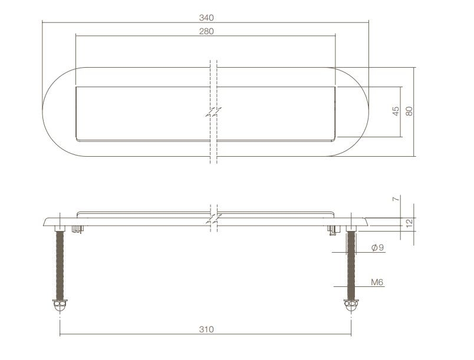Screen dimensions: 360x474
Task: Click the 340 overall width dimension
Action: click(206, 17)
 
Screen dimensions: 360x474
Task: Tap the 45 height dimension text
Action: click(396, 111)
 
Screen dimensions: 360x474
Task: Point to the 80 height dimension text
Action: click(409, 111)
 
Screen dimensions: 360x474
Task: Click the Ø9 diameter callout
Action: click(377, 248)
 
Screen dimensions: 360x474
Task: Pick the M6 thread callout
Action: click(377, 282)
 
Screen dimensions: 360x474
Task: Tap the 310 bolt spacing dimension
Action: click(206, 329)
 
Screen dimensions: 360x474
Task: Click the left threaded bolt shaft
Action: click(60, 265)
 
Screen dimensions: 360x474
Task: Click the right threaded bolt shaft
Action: click(352, 265)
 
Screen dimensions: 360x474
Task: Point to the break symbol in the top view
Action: click(213, 111)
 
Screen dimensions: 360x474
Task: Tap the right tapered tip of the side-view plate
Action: click(367, 222)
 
